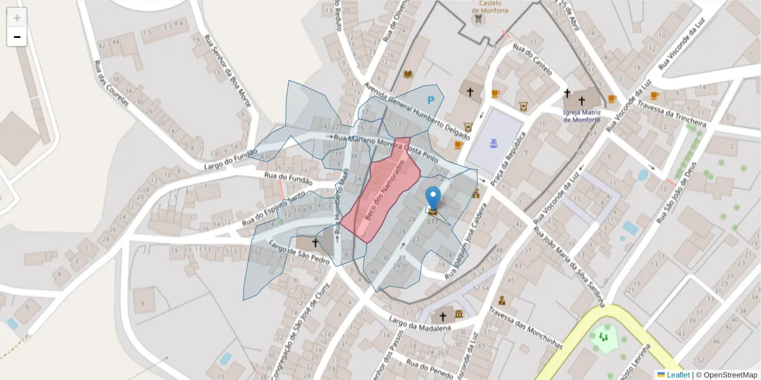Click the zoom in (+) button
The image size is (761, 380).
(17, 18)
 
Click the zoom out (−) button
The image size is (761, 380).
(17, 37)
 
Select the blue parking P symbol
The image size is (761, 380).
(431, 100)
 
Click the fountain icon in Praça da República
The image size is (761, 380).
(493, 143)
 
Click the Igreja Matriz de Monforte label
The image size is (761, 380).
(581, 115)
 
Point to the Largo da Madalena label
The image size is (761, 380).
(420, 324)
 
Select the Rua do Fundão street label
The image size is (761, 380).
(288, 179)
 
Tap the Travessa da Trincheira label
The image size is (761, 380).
(672, 114)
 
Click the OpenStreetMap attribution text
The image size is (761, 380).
(727, 375)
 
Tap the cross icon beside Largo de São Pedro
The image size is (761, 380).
(315, 243)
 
